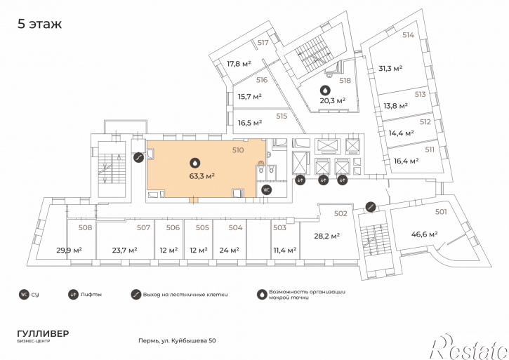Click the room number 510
tap(238, 150)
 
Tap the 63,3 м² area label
tap(202, 176)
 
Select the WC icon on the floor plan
tap(267, 190)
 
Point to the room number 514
tap(408, 35)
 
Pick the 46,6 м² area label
tap(424, 234)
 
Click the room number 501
tap(441, 212)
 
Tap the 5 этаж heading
tap(39, 24)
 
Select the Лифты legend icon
tap(73, 295)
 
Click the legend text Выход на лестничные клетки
tap(185, 295)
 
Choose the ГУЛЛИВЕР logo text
tap(43, 334)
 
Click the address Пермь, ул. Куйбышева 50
tap(177, 340)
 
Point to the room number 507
tap(143, 228)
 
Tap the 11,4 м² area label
tap(285, 251)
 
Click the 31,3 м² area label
tap(390, 69)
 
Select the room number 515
tap(282, 116)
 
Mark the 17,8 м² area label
tap(239, 64)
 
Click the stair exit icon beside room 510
tap(138, 157)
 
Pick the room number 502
tap(341, 213)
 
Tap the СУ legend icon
tap(24, 295)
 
